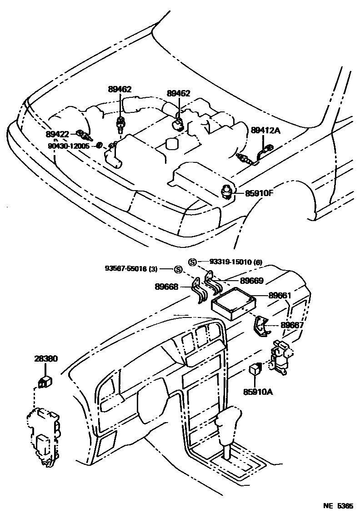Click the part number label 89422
(x=57, y=134)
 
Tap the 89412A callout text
(x=266, y=130)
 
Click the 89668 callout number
(x=166, y=287)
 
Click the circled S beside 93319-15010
(x=192, y=262)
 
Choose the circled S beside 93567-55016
(x=178, y=269)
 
